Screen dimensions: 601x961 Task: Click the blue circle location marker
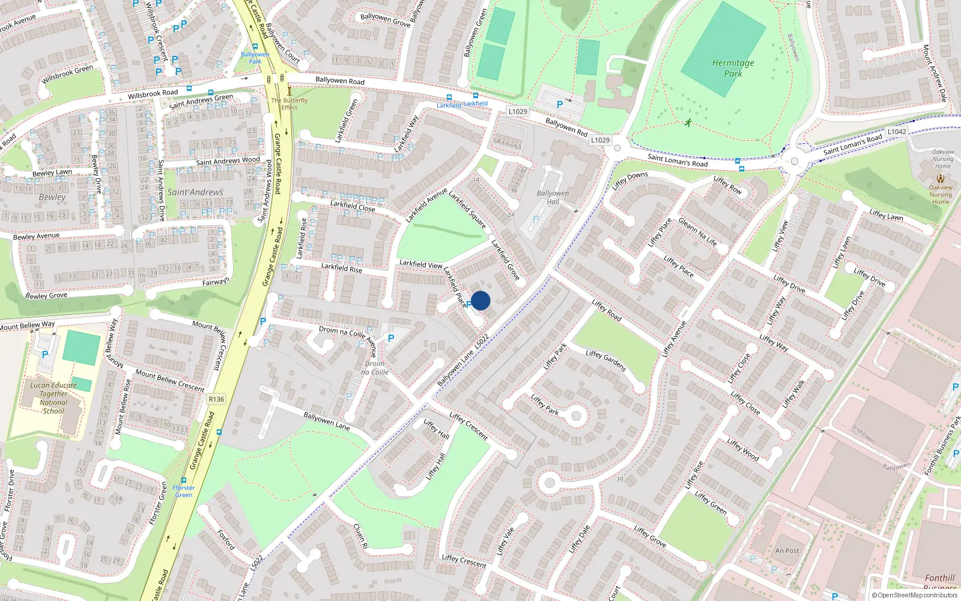(x=480, y=300)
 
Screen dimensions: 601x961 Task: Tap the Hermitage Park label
(x=733, y=68)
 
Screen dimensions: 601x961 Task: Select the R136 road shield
(x=216, y=399)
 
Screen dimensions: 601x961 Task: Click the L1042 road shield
(x=897, y=132)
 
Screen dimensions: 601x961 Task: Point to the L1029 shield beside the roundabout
(x=600, y=140)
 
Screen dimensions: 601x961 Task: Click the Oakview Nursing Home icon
(x=941, y=178)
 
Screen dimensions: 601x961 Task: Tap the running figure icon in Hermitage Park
(x=688, y=123)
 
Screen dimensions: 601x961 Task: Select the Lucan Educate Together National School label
(x=53, y=398)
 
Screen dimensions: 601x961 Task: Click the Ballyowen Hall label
(x=553, y=197)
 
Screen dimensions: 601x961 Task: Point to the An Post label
(x=787, y=551)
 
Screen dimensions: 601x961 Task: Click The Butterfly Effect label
(x=289, y=104)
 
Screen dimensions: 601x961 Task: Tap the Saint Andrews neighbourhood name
(x=195, y=192)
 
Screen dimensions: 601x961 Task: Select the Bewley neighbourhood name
(x=52, y=197)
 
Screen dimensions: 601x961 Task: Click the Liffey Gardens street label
(x=606, y=361)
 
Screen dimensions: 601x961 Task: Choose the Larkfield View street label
(x=421, y=264)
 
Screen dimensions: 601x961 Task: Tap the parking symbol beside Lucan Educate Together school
(x=45, y=355)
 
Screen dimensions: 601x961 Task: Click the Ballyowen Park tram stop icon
(x=255, y=46)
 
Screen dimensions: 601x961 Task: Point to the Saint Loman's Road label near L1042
(x=852, y=144)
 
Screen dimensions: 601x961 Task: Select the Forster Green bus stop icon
(x=184, y=480)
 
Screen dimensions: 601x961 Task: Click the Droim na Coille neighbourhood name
(x=375, y=368)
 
